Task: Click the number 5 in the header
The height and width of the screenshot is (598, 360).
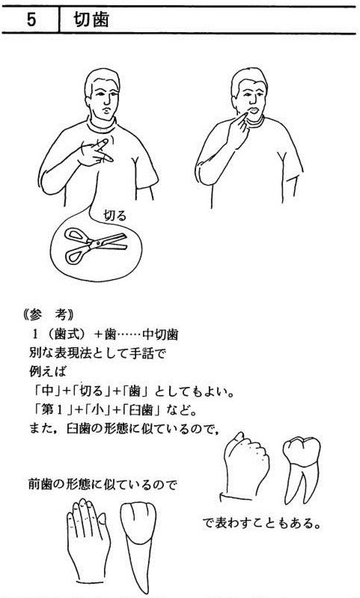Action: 31,19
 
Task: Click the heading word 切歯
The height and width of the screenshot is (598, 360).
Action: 91,19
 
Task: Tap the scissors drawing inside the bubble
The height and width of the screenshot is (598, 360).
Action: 95,245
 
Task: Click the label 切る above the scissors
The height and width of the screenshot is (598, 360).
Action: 115,216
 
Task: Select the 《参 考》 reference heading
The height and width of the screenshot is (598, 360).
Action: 48,315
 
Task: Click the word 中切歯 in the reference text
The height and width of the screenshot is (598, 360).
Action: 160,335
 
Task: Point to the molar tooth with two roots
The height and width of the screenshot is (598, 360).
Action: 302,470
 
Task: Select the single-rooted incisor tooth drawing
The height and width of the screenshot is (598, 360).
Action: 138,545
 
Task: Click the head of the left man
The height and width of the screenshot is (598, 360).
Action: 102,93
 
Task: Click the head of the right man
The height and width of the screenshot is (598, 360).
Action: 249,92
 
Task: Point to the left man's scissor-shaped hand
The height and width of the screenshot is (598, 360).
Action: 94,153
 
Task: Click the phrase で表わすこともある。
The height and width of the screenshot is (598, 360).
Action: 262,523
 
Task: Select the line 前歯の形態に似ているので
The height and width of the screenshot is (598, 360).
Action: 103,484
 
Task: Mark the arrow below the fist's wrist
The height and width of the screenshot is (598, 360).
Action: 236,497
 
